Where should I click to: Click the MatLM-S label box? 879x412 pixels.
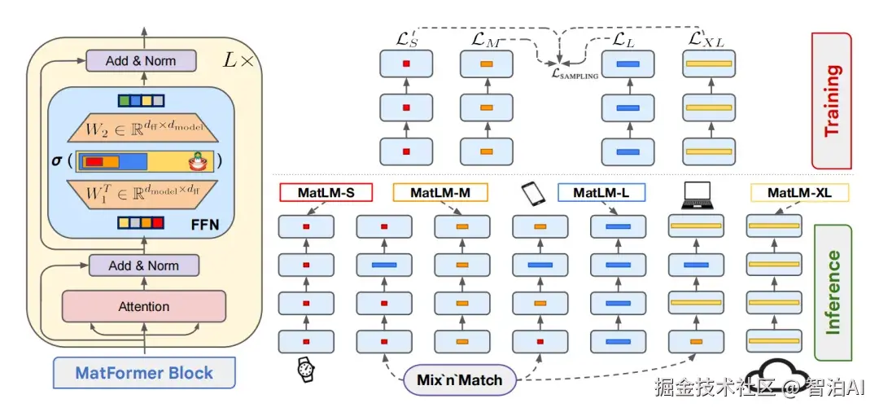(326, 192)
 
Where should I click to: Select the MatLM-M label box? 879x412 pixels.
(441, 192)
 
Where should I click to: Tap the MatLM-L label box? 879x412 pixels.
(601, 192)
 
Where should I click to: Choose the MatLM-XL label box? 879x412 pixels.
(799, 192)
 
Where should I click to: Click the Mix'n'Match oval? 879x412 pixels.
(460, 380)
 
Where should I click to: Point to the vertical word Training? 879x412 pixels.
(832, 99)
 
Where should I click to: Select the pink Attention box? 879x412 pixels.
(144, 307)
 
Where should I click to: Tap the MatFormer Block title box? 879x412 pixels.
(144, 374)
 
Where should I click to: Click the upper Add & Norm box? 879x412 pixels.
(141, 61)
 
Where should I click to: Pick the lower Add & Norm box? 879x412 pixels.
(143, 265)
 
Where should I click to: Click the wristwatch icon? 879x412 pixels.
(305, 370)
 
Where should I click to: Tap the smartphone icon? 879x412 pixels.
(531, 193)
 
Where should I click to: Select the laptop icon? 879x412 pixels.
(699, 193)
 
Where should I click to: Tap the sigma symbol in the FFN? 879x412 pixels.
(57, 160)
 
